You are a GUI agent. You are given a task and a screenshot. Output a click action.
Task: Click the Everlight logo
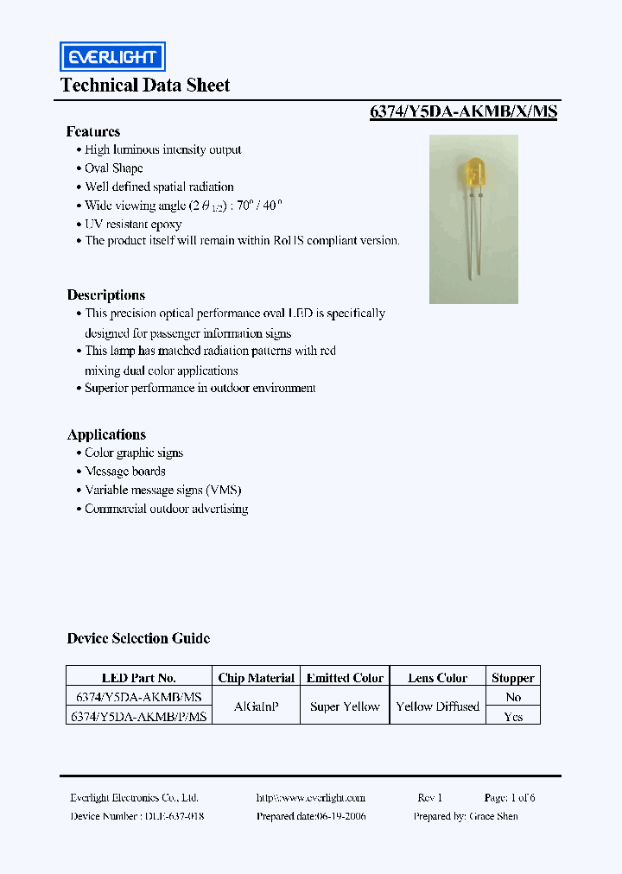(111, 57)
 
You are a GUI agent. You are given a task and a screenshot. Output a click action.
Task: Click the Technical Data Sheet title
(145, 85)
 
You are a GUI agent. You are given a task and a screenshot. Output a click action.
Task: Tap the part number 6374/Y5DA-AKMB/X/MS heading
(463, 111)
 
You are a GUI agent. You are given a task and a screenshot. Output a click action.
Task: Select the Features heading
(93, 131)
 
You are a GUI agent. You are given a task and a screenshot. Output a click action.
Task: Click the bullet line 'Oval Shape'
(114, 168)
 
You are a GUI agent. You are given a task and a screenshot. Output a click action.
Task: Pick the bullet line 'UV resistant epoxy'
(133, 224)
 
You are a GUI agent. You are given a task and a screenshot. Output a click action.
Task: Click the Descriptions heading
(106, 294)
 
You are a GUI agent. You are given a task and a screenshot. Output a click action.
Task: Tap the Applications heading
(106, 434)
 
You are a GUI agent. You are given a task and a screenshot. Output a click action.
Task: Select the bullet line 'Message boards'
(125, 472)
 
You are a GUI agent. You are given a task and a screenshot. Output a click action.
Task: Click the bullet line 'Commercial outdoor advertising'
(166, 509)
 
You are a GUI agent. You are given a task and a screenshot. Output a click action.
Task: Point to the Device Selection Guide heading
(138, 638)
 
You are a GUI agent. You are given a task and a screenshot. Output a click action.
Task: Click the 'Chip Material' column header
(257, 678)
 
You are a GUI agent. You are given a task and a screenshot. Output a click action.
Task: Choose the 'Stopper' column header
(513, 678)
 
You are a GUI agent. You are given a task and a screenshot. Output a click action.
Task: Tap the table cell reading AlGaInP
(257, 706)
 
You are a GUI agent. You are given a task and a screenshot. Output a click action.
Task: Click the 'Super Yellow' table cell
(345, 706)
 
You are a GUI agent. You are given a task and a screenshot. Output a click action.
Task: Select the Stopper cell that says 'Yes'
(513, 716)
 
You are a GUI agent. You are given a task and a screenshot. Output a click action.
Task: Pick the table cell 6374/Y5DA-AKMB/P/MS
(138, 716)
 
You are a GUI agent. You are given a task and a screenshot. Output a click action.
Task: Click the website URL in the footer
(311, 798)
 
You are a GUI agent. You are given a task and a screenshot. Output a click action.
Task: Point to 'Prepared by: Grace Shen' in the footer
(466, 816)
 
